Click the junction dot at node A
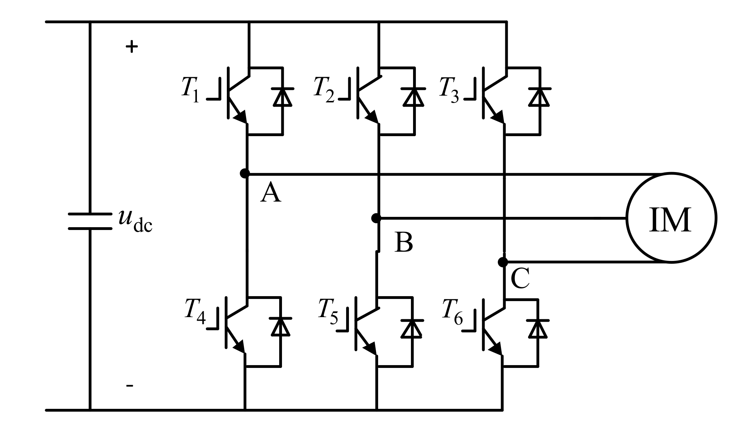point(245,173)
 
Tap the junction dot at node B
point(376,218)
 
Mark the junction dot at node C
point(503,262)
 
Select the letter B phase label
point(404,243)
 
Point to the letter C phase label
point(520,279)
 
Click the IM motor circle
point(671,218)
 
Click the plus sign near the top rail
point(132,47)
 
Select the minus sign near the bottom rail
point(130,385)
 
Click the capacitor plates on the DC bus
point(90,221)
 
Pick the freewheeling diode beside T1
point(283,97)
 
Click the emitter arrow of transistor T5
point(371,347)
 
